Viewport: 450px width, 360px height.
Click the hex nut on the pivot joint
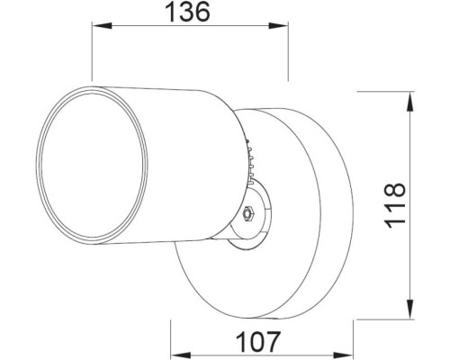[247, 214]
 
